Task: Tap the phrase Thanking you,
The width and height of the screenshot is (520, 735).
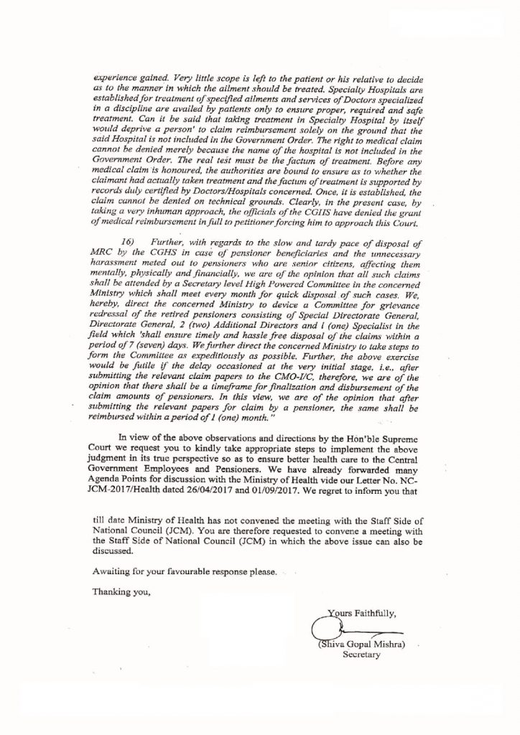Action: click(122, 593)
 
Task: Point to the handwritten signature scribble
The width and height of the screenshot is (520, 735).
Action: click(325, 630)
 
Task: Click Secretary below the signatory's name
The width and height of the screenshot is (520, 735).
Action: click(361, 656)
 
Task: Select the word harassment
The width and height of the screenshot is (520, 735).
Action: click(98, 265)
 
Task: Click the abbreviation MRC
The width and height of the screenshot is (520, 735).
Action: click(88, 255)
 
